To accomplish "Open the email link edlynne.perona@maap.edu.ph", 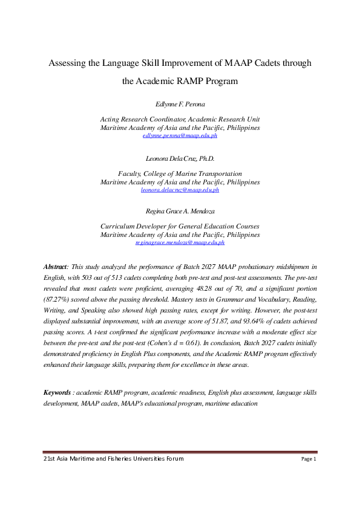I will click(x=180, y=136).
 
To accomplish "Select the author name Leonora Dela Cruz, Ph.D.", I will click(x=180, y=159).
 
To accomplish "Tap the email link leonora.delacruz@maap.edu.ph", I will click(x=180, y=190).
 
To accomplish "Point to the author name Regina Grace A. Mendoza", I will click(x=180, y=212).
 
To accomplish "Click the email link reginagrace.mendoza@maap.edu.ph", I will click(x=180, y=242).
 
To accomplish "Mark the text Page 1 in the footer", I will click(x=309, y=459).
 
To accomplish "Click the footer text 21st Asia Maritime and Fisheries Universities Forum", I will click(x=114, y=459).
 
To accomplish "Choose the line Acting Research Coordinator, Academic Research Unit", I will click(x=180, y=120).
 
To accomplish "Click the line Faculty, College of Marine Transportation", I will click(x=180, y=173).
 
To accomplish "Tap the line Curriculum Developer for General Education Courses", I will click(x=180, y=226).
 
